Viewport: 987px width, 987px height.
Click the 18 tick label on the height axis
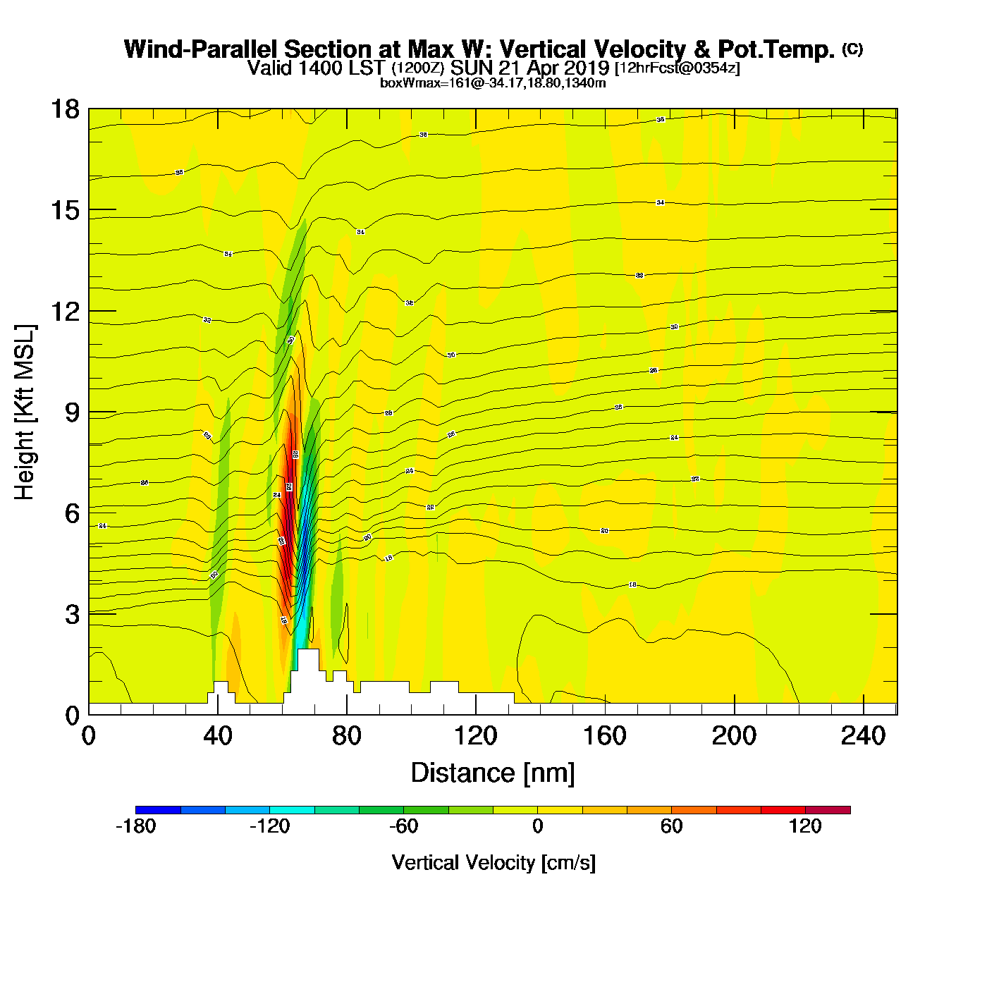(x=64, y=109)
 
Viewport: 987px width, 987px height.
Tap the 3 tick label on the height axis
(x=72, y=614)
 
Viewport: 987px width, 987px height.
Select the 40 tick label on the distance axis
(x=217, y=736)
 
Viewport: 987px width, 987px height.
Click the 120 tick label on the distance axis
(x=475, y=736)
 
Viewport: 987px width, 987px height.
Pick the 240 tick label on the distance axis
(x=863, y=736)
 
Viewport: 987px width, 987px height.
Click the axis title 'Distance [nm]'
(x=493, y=773)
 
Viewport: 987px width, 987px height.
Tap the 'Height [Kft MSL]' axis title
(x=25, y=412)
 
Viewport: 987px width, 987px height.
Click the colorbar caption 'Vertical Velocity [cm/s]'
(x=493, y=862)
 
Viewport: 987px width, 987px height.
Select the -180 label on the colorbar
(x=135, y=826)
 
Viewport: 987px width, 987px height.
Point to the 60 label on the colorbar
(x=671, y=826)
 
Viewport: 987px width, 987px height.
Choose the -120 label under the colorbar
(x=269, y=826)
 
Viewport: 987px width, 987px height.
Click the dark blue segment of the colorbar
(x=158, y=809)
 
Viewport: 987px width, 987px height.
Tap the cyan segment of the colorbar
(x=292, y=809)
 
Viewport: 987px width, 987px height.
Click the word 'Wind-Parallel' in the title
(x=201, y=49)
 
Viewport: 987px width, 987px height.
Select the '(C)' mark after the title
(x=852, y=49)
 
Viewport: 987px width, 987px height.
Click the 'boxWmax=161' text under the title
(x=417, y=83)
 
